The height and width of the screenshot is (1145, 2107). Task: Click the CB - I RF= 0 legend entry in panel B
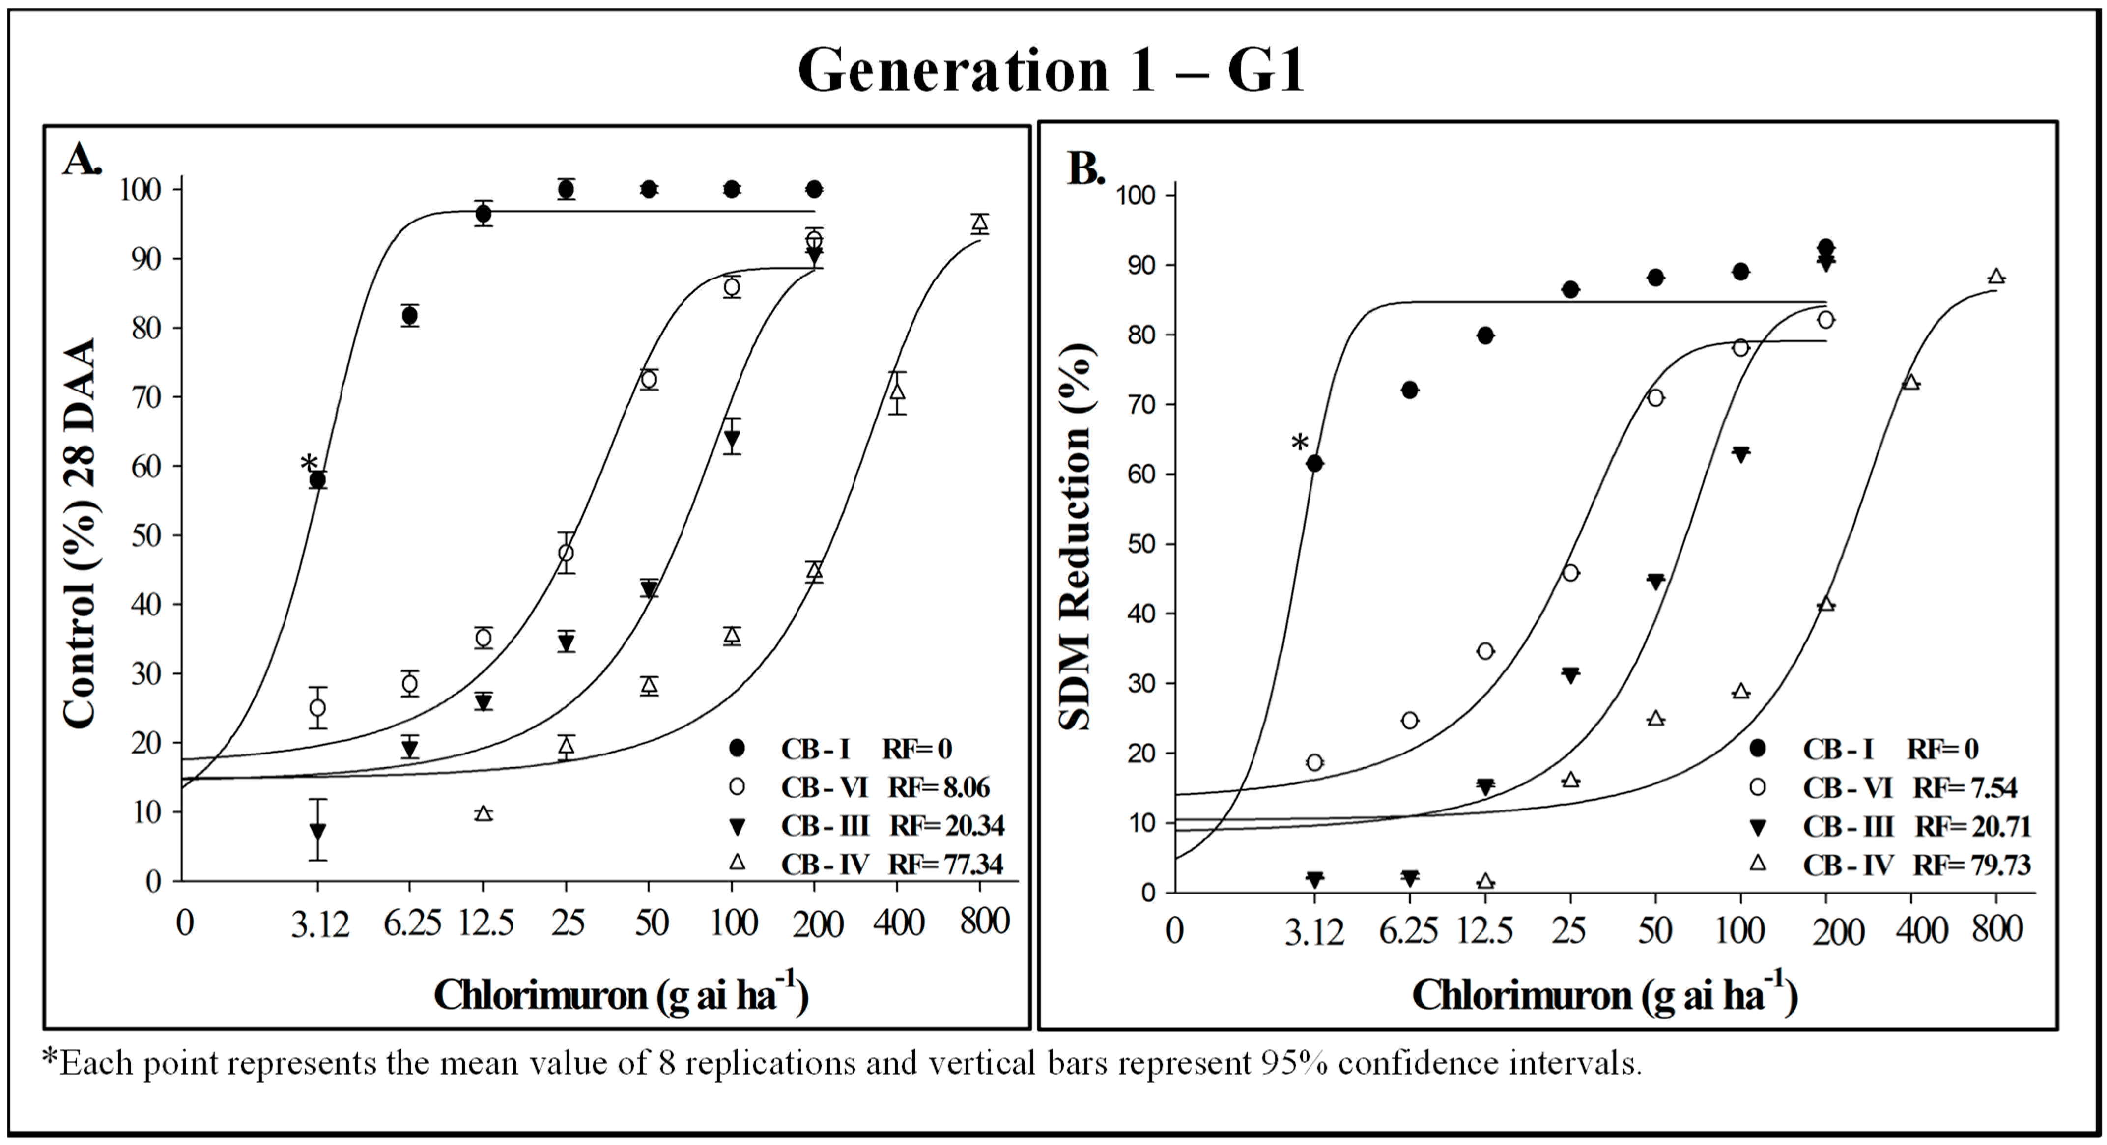pos(1889,748)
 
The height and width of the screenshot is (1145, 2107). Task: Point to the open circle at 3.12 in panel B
pos(1314,762)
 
